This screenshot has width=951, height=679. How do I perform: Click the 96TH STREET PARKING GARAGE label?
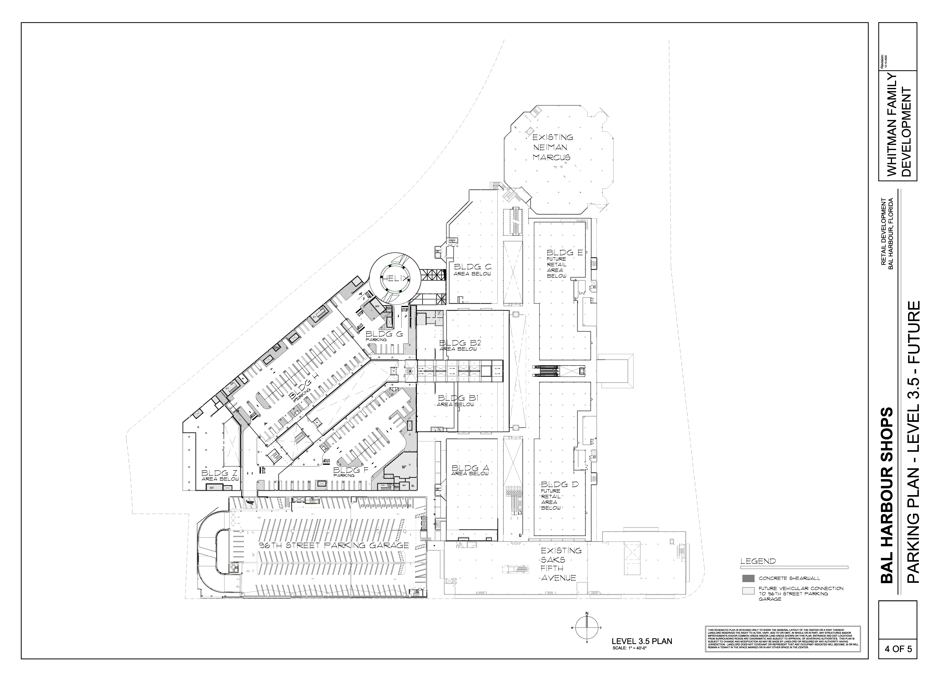tap(333, 545)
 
